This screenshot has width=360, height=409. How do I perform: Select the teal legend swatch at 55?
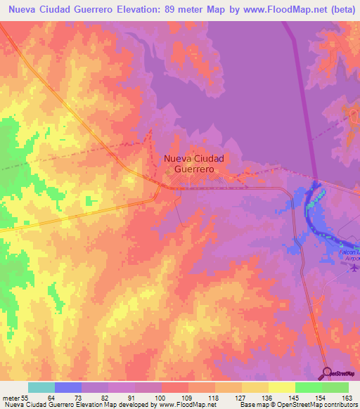[41, 387]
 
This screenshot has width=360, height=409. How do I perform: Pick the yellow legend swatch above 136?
[255, 387]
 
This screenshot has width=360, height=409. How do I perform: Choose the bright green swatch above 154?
[309, 387]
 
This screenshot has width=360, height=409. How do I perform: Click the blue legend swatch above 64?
[68, 387]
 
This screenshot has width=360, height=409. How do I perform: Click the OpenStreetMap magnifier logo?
[328, 372]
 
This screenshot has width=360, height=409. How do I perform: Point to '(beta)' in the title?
[337, 10]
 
